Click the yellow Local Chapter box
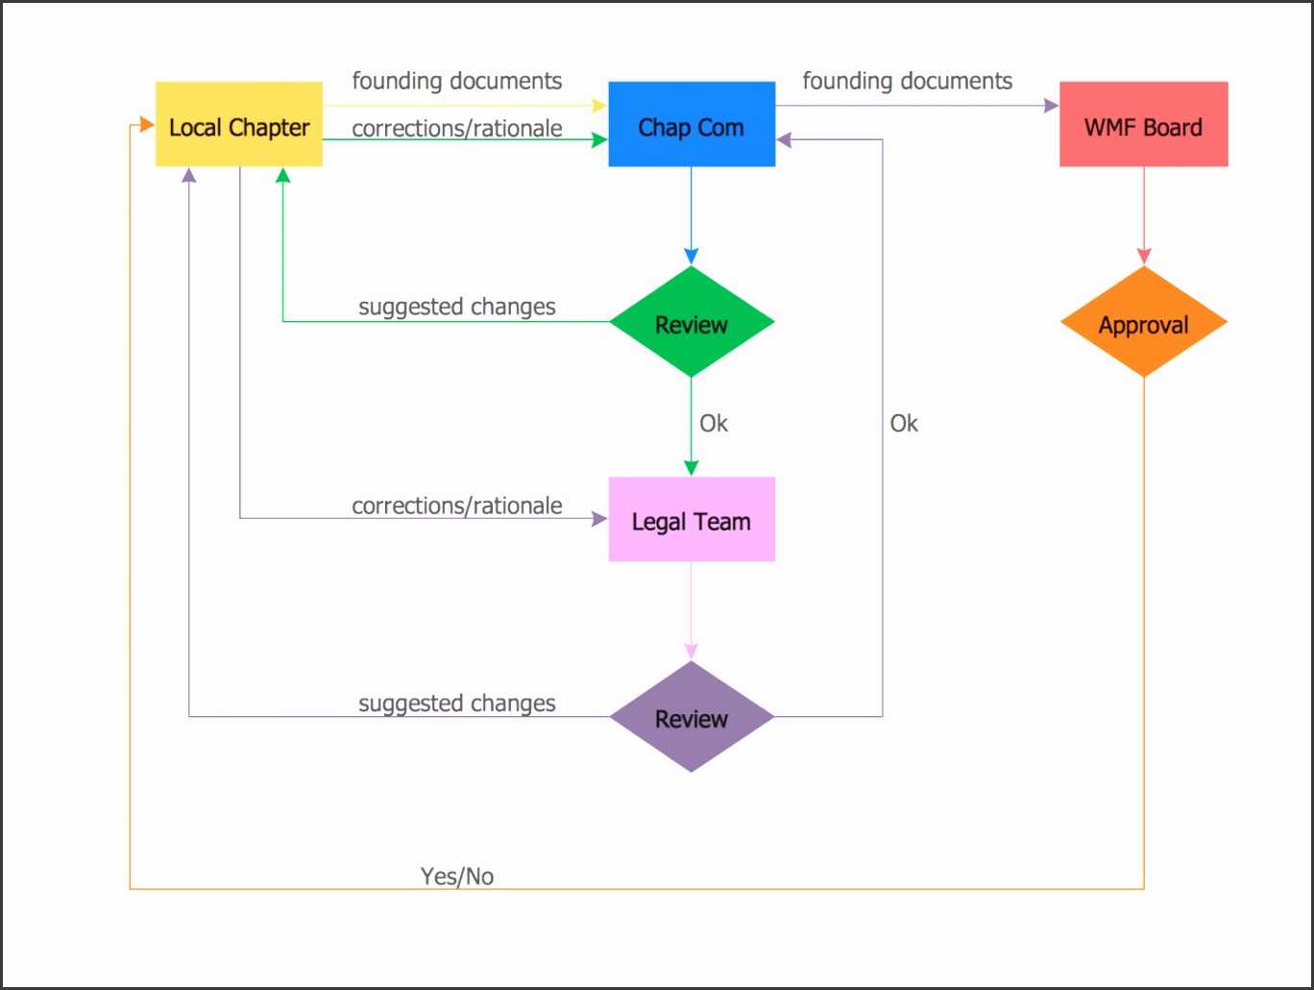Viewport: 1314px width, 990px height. (239, 125)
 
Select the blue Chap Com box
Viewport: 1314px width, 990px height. (692, 125)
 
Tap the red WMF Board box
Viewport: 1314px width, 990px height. (1143, 125)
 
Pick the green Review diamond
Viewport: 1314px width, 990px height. (692, 323)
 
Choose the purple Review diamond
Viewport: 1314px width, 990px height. (692, 717)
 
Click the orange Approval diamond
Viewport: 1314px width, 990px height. (1143, 323)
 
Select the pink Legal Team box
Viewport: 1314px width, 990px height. (692, 520)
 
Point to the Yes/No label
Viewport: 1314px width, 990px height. (457, 876)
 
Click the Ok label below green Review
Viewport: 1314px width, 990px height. (713, 423)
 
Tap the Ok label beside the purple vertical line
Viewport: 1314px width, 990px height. (903, 423)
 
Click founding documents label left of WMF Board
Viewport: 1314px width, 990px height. (907, 81)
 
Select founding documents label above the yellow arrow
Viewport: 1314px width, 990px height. (456, 81)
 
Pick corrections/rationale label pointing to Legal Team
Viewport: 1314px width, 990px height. (456, 506)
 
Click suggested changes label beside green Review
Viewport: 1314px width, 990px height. (456, 307)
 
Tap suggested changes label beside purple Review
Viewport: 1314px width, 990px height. (456, 704)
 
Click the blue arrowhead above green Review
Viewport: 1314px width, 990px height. (691, 256)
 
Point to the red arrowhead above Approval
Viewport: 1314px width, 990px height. (1143, 256)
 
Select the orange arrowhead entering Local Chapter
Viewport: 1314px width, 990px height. (146, 125)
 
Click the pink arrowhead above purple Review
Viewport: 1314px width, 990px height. (691, 651)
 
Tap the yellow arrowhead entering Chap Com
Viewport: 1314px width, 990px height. (599, 106)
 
